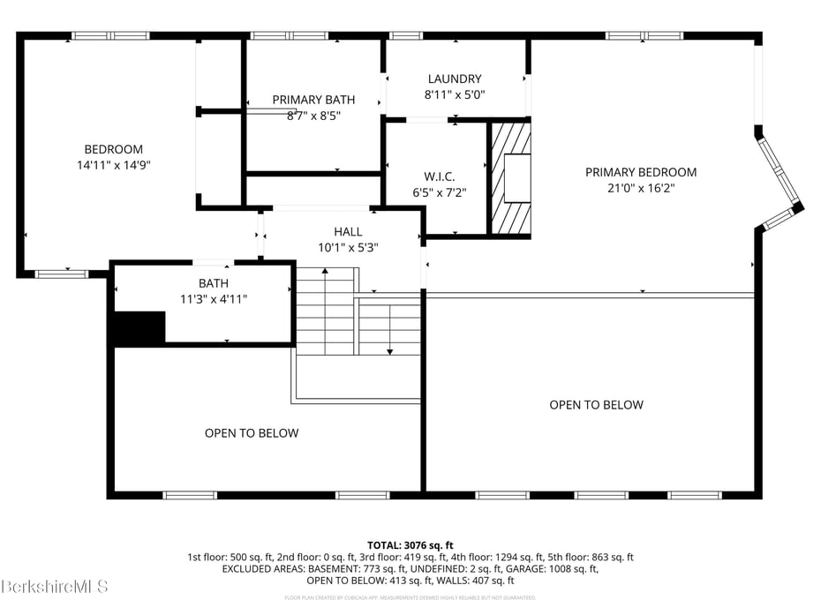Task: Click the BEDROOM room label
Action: coord(113,149)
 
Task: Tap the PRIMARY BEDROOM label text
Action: coord(641,172)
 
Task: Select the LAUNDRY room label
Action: coord(455,79)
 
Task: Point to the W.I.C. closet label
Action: coord(439,176)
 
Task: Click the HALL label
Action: coord(348,232)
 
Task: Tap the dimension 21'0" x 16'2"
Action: coord(641,188)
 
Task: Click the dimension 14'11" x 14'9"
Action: coord(113,165)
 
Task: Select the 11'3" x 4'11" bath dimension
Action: coord(213,299)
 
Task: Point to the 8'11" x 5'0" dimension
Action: coord(455,94)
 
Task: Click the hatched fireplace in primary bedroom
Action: coord(511,179)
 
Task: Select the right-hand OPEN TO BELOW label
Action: coord(596,405)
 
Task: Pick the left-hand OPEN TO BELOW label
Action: coord(252,433)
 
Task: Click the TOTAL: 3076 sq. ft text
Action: coord(410,545)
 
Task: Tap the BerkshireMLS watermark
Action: coord(55,586)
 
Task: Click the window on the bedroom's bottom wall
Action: coord(62,274)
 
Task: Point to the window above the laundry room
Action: coord(406,36)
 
